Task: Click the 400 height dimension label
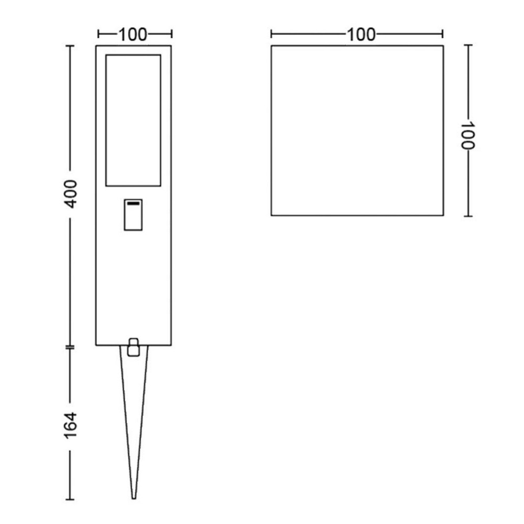pos(71,194)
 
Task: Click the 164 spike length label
pos(71,425)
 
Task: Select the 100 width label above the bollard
pos(133,35)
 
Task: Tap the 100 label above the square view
pos(361,35)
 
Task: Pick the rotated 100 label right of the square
pos(467,135)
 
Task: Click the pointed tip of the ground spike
pos(134,498)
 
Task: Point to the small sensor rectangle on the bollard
pos(133,215)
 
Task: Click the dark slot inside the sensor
pos(133,203)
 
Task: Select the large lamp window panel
pos(133,121)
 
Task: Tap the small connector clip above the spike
pos(133,347)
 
